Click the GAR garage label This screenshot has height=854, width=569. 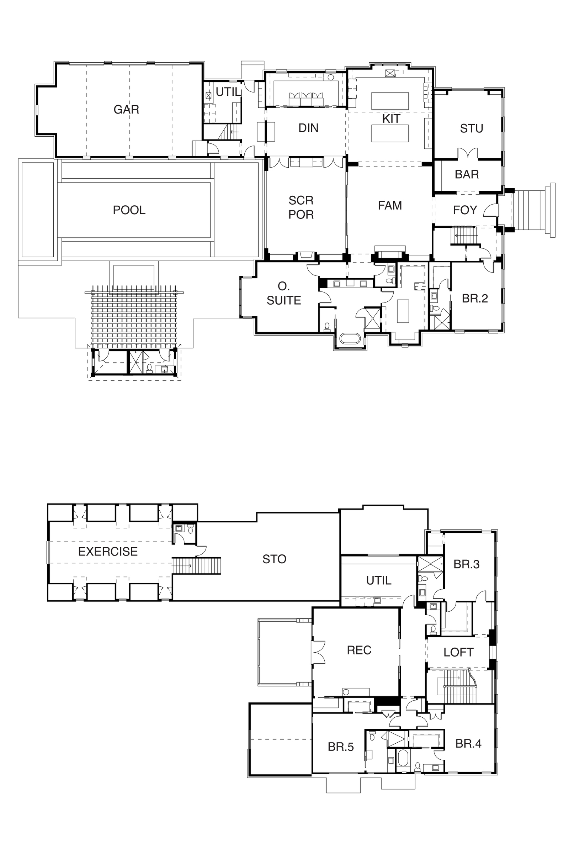tap(126, 109)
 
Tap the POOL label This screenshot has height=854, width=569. tap(129, 210)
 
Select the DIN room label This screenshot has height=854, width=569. tap(308, 128)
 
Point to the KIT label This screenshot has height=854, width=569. tap(391, 119)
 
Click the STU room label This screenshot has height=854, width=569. tap(472, 128)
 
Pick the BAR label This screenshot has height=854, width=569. tap(467, 174)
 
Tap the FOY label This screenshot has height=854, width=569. tap(465, 210)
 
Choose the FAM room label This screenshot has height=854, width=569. tap(390, 206)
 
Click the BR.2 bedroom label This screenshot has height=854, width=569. tap(475, 299)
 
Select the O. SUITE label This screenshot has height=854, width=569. tap(284, 293)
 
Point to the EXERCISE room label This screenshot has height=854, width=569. tap(108, 552)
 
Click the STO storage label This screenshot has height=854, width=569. tap(274, 559)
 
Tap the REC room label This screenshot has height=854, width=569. tap(359, 650)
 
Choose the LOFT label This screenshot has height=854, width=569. tap(458, 653)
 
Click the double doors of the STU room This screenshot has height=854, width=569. tap(468, 153)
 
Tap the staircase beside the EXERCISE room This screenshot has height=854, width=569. tap(196, 566)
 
